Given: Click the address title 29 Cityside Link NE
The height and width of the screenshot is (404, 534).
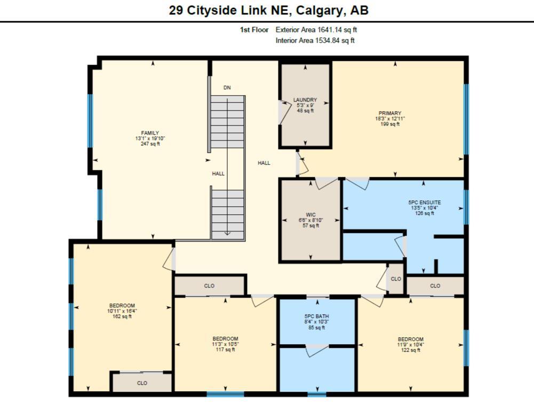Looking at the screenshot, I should [268, 10].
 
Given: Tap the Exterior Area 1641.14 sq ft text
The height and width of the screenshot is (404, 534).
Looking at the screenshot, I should [316, 30].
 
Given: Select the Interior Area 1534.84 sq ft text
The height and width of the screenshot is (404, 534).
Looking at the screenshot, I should [315, 40].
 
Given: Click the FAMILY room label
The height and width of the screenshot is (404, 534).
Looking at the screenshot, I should [150, 133].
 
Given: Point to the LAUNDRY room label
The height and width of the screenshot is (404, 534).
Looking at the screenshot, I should [305, 100].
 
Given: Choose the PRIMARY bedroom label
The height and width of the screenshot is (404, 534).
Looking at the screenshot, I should [390, 113].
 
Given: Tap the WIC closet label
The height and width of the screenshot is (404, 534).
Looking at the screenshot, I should [311, 215].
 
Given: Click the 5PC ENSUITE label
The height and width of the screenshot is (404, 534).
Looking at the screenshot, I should [425, 203].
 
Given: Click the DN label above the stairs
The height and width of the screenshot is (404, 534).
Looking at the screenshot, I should [227, 87].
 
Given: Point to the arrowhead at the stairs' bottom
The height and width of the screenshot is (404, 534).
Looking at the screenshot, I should [227, 233].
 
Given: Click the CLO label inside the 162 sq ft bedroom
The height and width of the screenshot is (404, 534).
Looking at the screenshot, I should [142, 383].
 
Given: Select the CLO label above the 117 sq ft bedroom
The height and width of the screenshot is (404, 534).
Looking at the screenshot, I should [209, 286].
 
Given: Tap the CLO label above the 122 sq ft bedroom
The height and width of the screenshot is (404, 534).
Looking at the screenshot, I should [435, 286].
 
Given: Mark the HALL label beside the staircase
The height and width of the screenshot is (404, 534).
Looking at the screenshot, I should [218, 174].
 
